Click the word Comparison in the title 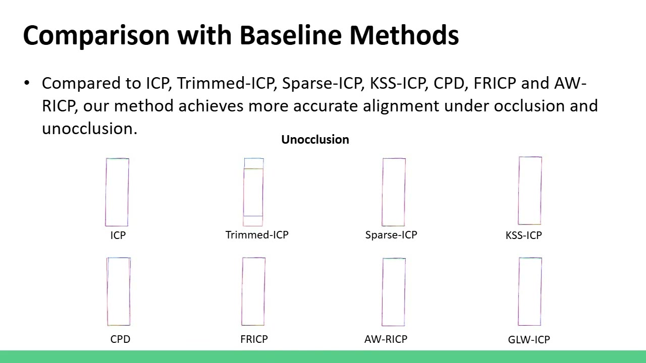click(96, 36)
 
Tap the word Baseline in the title click(291, 35)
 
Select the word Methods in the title click(404, 35)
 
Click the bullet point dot click(27, 83)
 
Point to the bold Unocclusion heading click(315, 140)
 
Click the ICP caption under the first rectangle click(118, 235)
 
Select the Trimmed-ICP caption click(257, 235)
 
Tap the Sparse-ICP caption click(391, 235)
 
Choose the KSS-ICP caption click(524, 235)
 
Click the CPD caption click(120, 339)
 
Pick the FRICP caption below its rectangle click(254, 339)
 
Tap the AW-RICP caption click(386, 339)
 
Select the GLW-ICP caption click(529, 340)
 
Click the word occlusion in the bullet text click(529, 106)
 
